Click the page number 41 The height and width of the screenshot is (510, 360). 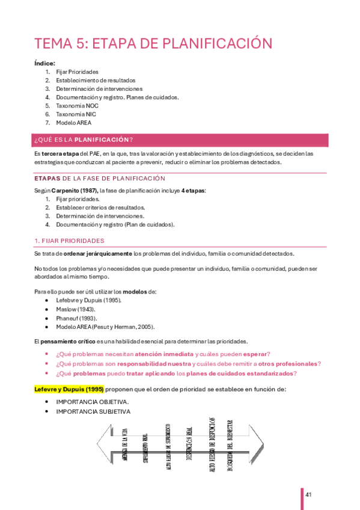click(308, 494)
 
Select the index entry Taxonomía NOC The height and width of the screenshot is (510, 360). click(77, 105)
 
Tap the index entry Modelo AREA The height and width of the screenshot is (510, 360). click(73, 122)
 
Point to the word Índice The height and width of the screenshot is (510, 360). click(45, 63)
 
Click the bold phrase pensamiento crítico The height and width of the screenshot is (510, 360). click(72, 341)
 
